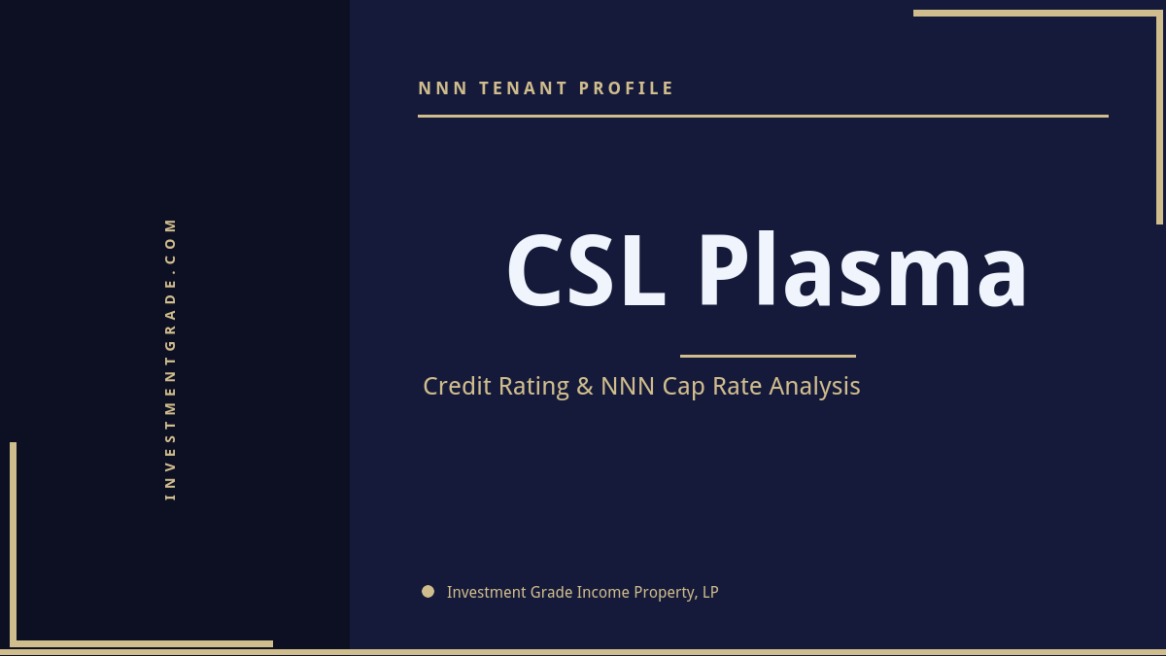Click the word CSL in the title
tap(585, 271)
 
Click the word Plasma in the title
tap(862, 271)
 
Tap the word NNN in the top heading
tap(443, 88)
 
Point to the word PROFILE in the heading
tap(627, 88)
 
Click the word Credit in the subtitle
tap(457, 386)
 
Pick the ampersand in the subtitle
tap(585, 386)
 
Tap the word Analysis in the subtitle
tap(815, 386)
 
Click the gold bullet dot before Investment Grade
tap(428, 591)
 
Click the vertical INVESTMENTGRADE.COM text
tap(171, 358)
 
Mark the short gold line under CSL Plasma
tap(768, 356)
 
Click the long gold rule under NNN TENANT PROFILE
tap(763, 116)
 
